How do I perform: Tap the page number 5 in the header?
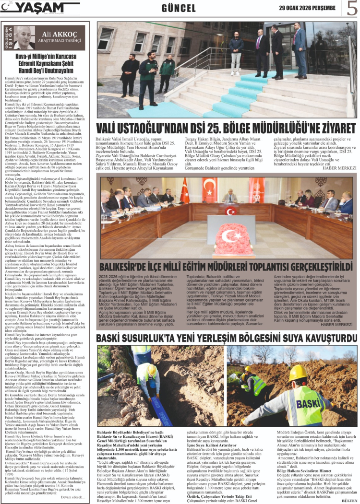(x=352, y=8)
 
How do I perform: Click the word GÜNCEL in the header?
(x=178, y=8)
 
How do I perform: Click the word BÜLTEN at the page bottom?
(x=348, y=500)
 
